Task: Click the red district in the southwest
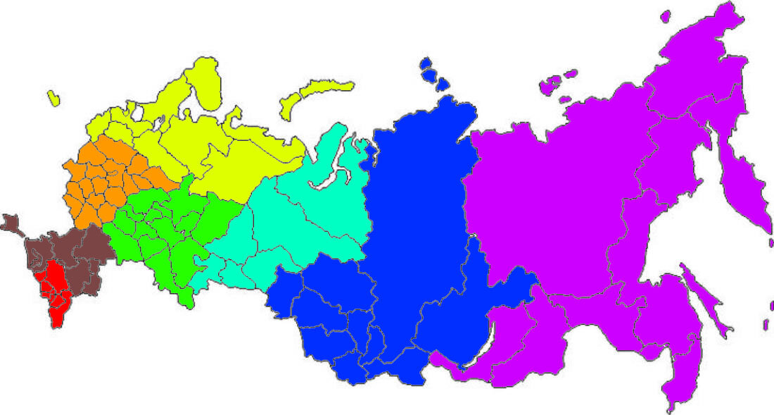pyautogui.click(x=52, y=289)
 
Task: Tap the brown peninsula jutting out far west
pyautogui.click(x=11, y=224)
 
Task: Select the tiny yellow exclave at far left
pyautogui.click(x=54, y=99)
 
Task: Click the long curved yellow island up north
pyautogui.click(x=313, y=95)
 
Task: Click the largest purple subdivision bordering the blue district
pyautogui.click(x=542, y=204)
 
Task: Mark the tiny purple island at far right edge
pyautogui.click(x=767, y=324)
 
